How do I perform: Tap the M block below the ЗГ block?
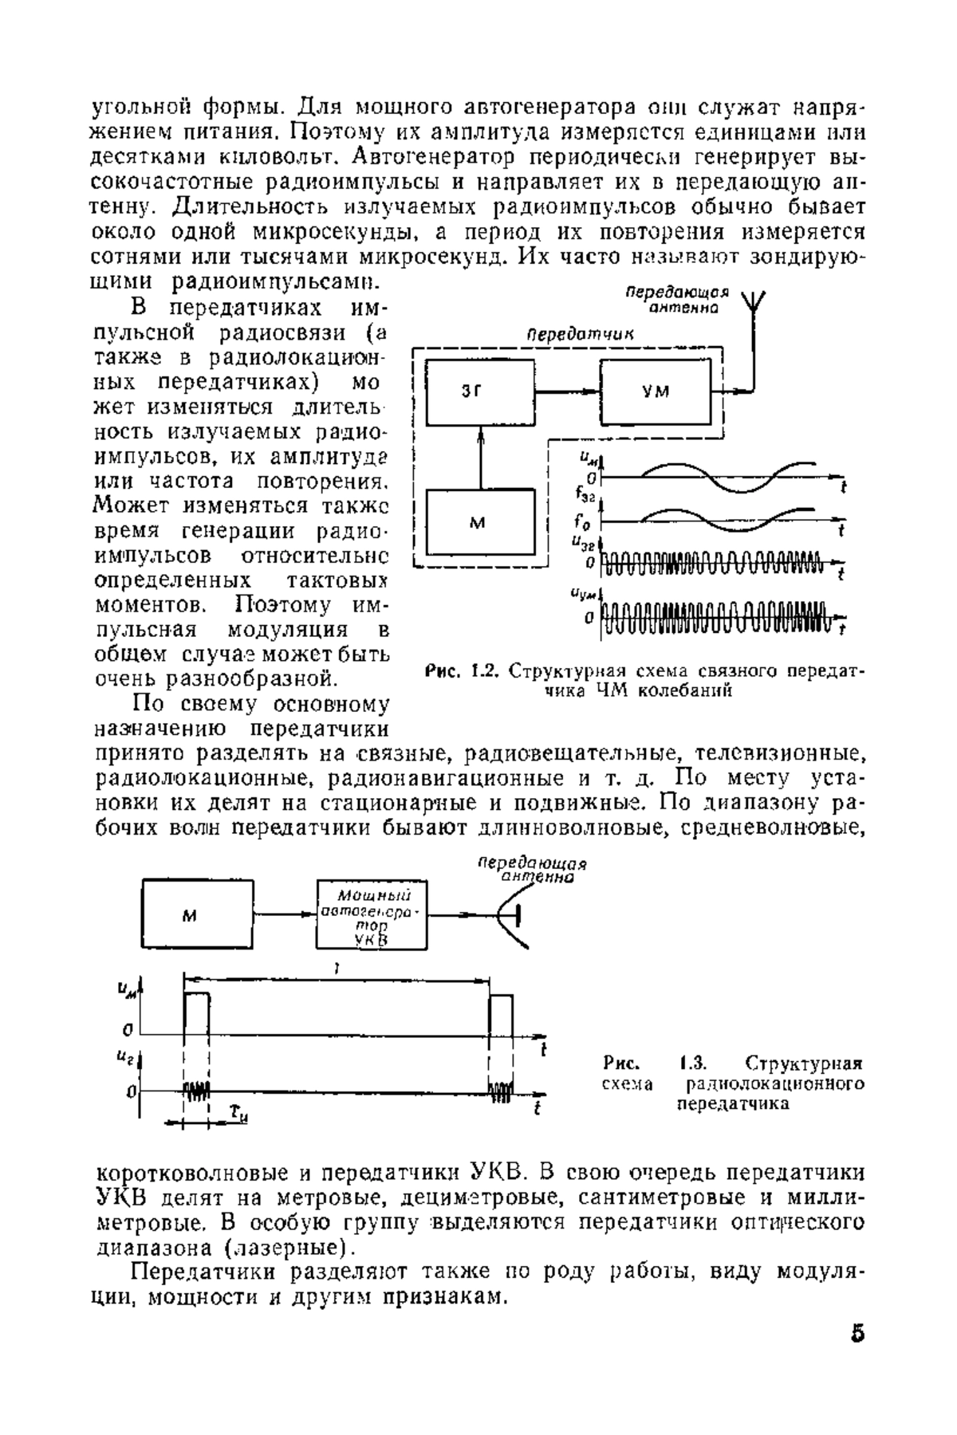tap(480, 522)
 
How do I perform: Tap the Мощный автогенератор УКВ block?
tap(372, 915)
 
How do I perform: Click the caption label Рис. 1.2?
tap(463, 670)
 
